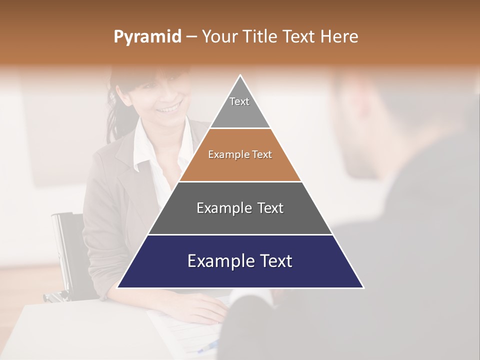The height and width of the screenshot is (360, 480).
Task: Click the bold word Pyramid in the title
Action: coord(147,37)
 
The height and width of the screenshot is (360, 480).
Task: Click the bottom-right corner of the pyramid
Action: coord(363,287)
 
